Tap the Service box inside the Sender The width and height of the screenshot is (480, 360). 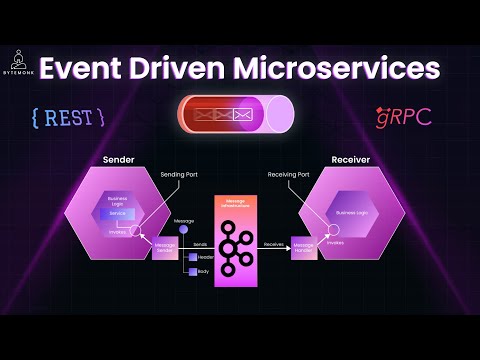119,214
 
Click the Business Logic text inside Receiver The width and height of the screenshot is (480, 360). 352,213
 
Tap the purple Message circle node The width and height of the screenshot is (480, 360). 183,231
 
